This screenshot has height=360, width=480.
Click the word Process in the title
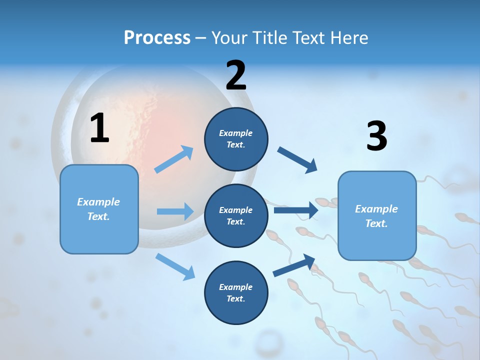pyautogui.click(x=157, y=37)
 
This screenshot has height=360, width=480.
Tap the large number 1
pyautogui.click(x=99, y=128)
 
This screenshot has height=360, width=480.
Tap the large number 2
pyautogui.click(x=235, y=75)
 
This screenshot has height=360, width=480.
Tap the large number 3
pyautogui.click(x=376, y=136)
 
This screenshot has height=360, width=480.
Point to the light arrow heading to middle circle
pyautogui.click(x=175, y=211)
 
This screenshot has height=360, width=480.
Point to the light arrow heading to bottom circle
pyautogui.click(x=175, y=266)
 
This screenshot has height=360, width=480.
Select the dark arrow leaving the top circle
pyautogui.click(x=297, y=160)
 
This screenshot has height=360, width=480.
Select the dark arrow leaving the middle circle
pyautogui.click(x=296, y=210)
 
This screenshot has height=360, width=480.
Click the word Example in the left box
pyautogui.click(x=98, y=202)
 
